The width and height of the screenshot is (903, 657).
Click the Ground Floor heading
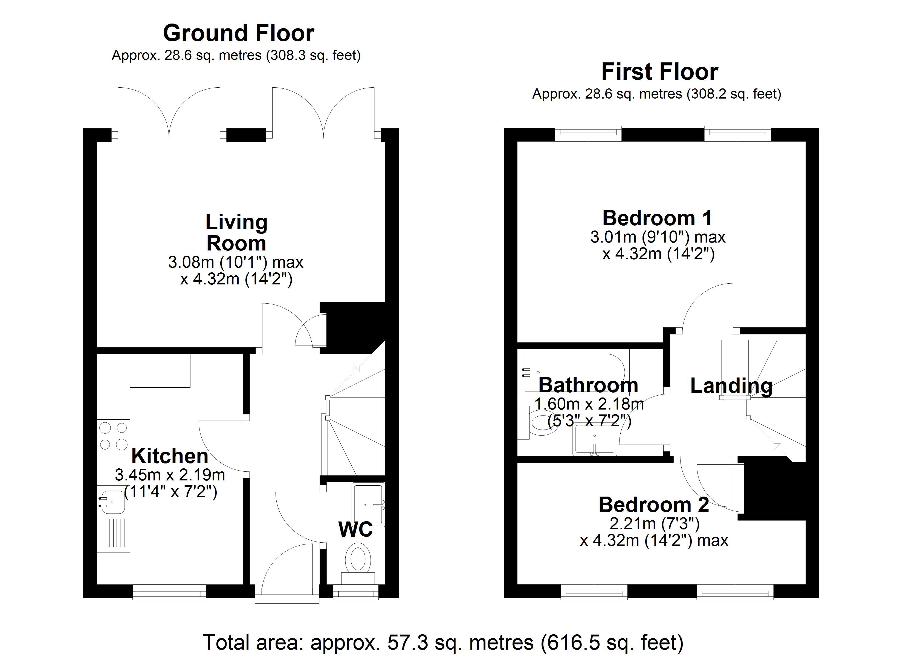[239, 33]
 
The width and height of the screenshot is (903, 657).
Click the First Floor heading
[659, 72]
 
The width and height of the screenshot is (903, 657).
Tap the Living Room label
[236, 232]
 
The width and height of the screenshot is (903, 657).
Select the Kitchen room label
[170, 456]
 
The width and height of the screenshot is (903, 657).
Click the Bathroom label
[588, 385]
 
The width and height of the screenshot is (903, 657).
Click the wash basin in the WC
[369, 505]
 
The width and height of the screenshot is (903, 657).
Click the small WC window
[355, 592]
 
